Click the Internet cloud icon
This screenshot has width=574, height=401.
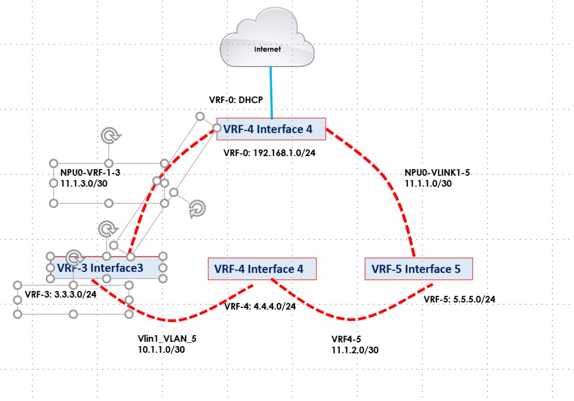(267, 40)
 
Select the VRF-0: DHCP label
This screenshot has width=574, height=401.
(236, 100)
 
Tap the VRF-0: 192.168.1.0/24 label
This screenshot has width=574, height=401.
(269, 153)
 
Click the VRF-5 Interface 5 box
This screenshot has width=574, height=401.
(418, 269)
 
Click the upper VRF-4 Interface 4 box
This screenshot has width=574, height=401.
(271, 129)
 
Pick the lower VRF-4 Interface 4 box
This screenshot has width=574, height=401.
(262, 269)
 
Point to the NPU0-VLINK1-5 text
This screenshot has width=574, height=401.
(437, 172)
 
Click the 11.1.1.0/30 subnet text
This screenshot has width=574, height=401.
(428, 184)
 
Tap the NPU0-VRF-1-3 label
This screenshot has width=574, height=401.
(90, 172)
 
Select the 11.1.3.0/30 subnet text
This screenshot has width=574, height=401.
(84, 183)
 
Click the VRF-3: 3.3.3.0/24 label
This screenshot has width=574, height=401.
(60, 294)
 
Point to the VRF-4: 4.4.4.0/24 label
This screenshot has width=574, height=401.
(260, 306)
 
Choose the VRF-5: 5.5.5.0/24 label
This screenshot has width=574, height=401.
(459, 299)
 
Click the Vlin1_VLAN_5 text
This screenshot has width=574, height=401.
(167, 339)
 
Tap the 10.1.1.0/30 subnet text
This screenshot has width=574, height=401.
(161, 350)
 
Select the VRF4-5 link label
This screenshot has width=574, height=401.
(346, 339)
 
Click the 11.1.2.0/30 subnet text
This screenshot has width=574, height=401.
(355, 350)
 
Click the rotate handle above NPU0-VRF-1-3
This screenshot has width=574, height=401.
(110, 135)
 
